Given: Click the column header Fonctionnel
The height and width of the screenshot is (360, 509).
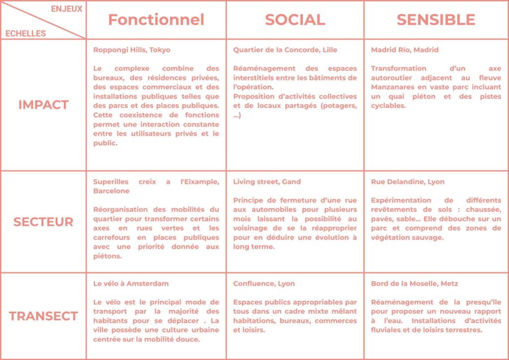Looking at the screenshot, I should [x=156, y=19].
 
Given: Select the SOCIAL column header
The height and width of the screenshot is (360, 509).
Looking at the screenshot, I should [x=295, y=19].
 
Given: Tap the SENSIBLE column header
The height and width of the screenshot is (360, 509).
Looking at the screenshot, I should [x=435, y=19].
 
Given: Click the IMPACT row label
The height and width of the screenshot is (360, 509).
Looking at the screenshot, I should [x=43, y=105].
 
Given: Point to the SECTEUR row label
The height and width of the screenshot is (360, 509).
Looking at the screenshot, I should [x=43, y=222].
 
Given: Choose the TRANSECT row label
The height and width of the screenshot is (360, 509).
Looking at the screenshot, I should [x=43, y=316].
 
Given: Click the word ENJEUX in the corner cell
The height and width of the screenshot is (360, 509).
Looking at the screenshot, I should [x=67, y=9].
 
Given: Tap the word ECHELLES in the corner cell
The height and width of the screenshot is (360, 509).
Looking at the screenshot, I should [x=25, y=33].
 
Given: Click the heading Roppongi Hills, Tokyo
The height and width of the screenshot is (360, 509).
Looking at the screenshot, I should [x=132, y=50].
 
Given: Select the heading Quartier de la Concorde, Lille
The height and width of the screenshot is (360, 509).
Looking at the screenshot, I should [x=285, y=50].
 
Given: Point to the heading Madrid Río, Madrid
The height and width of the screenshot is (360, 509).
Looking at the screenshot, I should [x=405, y=50].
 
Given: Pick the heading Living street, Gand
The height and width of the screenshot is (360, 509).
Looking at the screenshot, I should [x=267, y=181].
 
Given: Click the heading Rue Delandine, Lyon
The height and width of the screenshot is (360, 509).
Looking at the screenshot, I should [x=408, y=181].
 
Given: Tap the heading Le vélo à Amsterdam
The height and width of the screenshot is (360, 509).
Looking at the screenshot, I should [x=131, y=283].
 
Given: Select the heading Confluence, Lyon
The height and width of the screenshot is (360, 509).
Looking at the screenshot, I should [x=264, y=283].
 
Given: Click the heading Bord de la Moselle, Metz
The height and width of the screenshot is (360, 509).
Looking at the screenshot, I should [x=415, y=283].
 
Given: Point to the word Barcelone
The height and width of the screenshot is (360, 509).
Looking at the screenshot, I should [x=111, y=190].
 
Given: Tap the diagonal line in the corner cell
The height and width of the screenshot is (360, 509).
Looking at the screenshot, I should [x=43, y=20].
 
